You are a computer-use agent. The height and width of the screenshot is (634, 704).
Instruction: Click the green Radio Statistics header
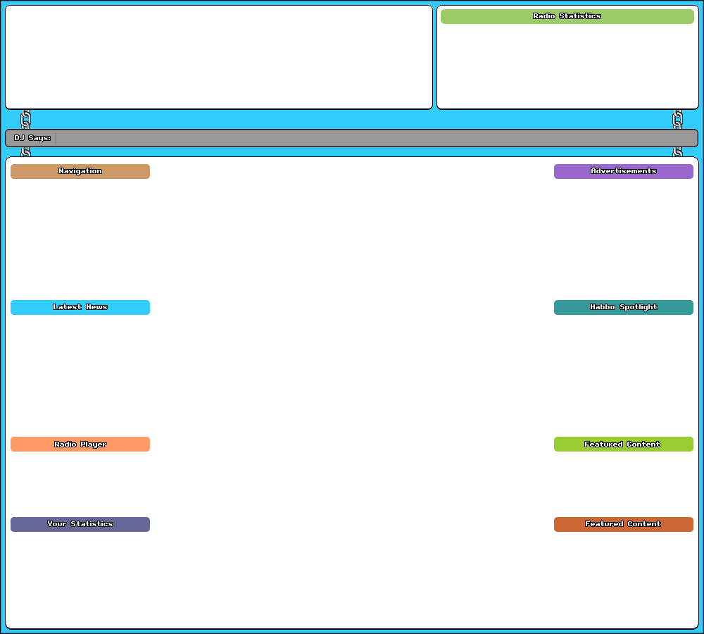click(x=567, y=16)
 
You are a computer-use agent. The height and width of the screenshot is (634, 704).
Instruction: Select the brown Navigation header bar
click(x=80, y=171)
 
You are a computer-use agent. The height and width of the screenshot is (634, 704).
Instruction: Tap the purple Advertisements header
click(x=623, y=171)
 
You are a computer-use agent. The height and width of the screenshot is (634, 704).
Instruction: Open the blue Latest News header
click(x=80, y=307)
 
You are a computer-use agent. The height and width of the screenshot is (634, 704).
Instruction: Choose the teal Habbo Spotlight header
click(x=623, y=307)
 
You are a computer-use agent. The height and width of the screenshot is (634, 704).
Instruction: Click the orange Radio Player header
click(x=80, y=445)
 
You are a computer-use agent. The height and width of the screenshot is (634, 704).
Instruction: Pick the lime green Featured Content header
click(x=623, y=445)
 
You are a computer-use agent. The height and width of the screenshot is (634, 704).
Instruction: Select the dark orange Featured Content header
click(x=623, y=524)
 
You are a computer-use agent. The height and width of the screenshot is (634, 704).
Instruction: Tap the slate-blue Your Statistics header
click(x=80, y=524)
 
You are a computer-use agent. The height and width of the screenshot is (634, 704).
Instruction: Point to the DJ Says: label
click(x=32, y=138)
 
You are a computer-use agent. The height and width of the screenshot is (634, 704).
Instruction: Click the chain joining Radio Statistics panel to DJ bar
click(x=678, y=119)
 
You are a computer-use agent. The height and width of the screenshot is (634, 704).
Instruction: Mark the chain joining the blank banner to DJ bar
click(x=26, y=119)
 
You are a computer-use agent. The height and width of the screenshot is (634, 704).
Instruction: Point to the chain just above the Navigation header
click(x=26, y=151)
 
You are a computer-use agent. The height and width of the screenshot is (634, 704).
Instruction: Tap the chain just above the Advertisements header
click(x=678, y=151)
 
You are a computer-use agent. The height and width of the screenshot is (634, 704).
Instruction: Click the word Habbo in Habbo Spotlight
click(x=603, y=307)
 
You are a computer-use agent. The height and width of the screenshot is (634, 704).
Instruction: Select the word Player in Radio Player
click(x=93, y=445)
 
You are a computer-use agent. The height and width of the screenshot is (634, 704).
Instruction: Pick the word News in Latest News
click(x=96, y=307)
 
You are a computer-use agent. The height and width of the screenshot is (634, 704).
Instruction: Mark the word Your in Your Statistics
click(x=56, y=524)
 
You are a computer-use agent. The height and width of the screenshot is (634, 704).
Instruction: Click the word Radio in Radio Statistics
click(x=544, y=16)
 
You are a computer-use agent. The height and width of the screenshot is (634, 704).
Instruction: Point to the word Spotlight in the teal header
click(x=639, y=307)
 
